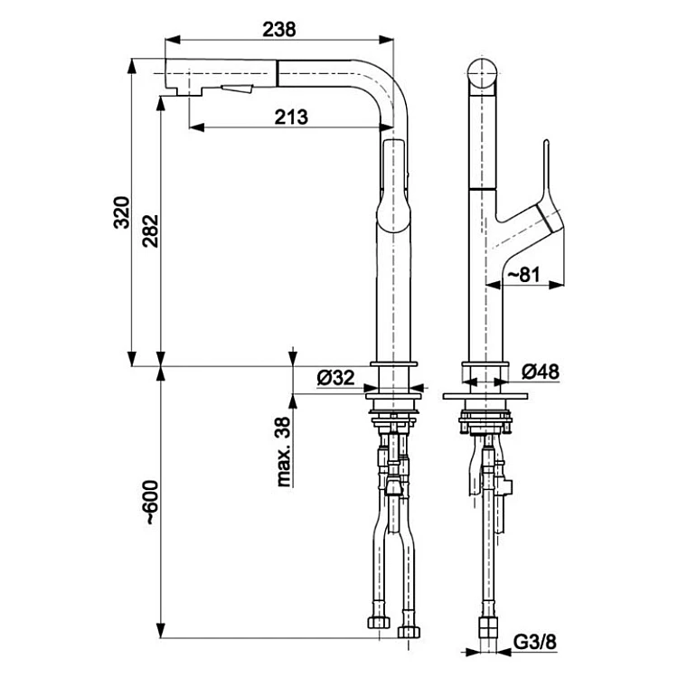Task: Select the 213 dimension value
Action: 291,116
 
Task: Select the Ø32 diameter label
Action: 335,379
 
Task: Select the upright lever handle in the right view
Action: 548,172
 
